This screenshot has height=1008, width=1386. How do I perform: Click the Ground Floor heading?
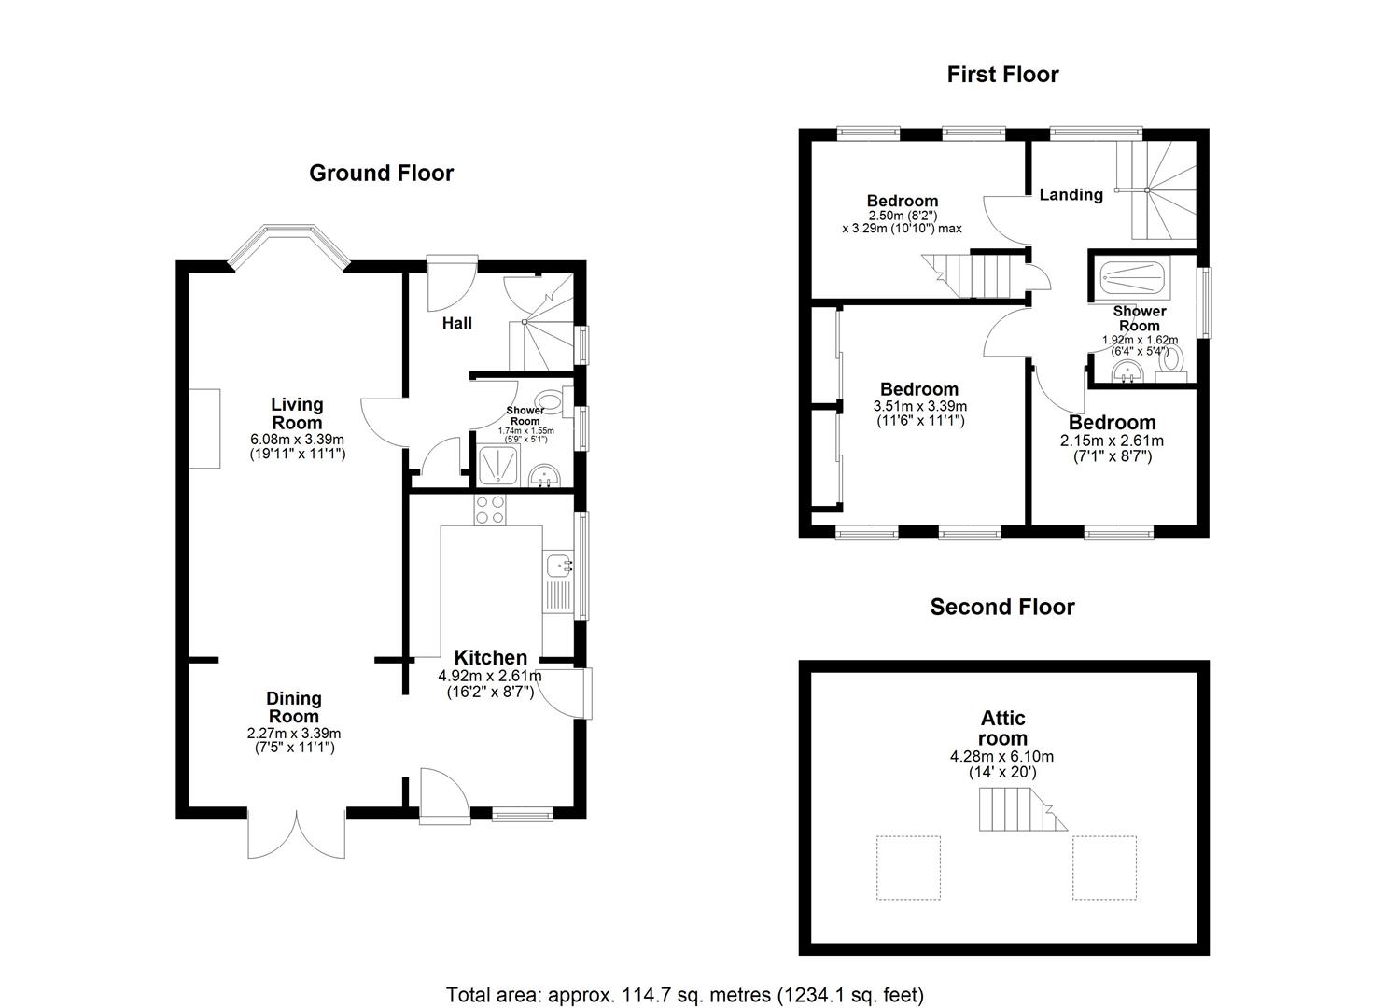[x=381, y=174]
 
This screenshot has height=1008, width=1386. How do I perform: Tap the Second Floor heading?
[x=1002, y=607]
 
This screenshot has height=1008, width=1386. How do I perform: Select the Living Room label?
[x=297, y=413]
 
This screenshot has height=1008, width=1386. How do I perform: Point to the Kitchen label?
[x=491, y=657]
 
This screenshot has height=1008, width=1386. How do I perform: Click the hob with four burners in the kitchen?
[x=490, y=510]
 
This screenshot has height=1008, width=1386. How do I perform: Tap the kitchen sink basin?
[x=560, y=565]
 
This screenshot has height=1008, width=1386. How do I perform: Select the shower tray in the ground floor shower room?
[x=498, y=466]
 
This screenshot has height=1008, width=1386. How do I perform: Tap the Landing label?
[x=1071, y=195]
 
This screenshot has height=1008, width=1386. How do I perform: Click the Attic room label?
[x=1003, y=728]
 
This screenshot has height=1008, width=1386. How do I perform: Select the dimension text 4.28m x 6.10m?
[x=1001, y=756]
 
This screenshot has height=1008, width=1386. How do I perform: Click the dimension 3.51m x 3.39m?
[x=920, y=407]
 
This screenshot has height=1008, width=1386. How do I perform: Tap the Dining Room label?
[x=293, y=707]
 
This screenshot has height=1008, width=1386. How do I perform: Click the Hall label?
[x=457, y=323]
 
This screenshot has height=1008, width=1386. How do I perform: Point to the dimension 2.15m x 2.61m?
[x=1112, y=441]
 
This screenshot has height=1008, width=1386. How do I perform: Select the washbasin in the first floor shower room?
[x=1127, y=373]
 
